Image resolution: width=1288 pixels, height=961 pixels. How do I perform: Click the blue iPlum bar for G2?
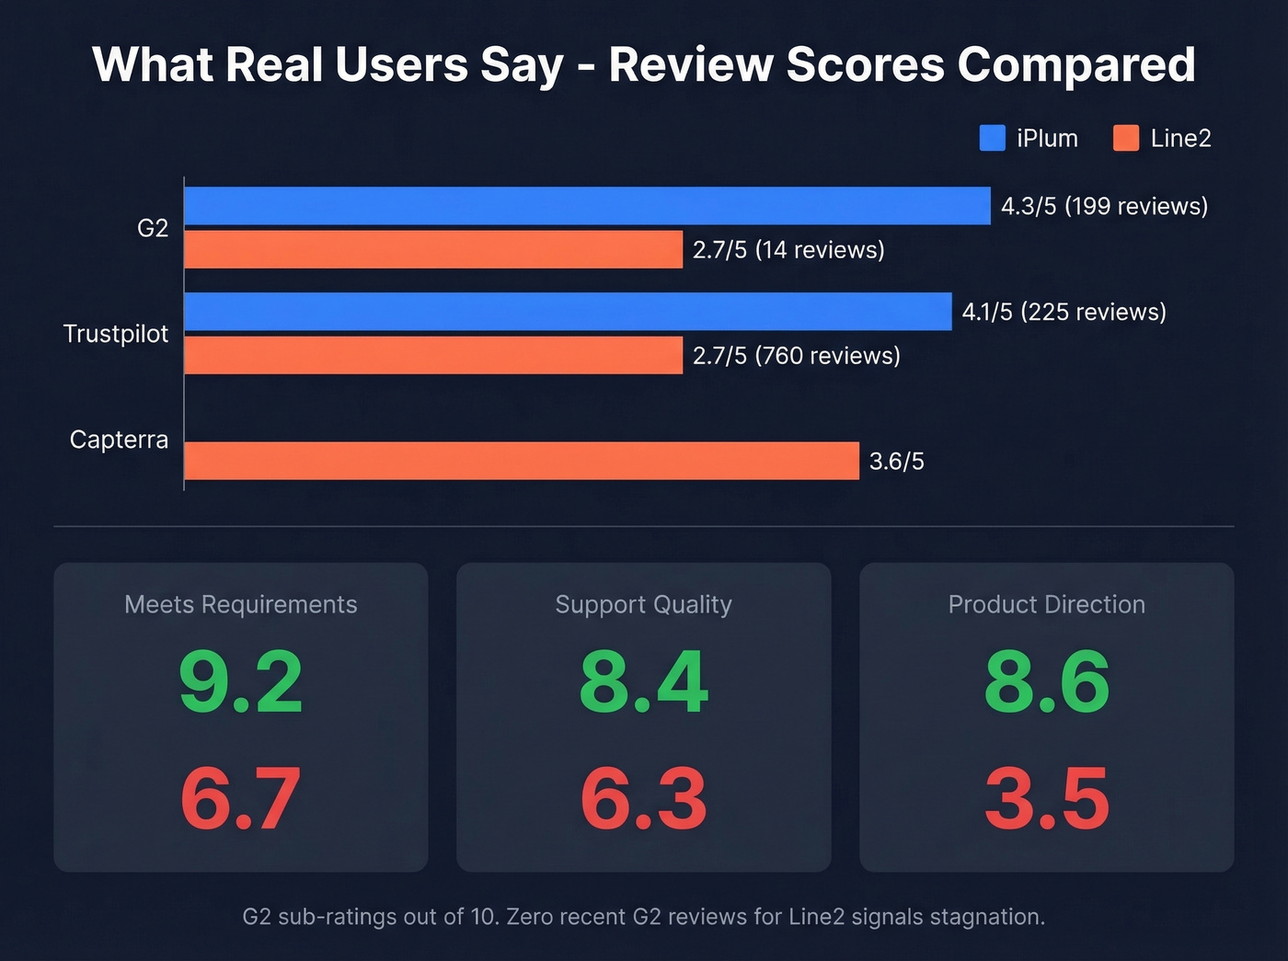[x=587, y=206]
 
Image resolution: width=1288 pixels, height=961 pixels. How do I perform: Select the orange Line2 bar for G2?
[x=433, y=249]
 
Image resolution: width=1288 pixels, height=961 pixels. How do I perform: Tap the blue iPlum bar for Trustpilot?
[x=568, y=312]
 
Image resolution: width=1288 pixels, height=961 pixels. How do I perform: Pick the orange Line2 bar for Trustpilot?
[x=433, y=355]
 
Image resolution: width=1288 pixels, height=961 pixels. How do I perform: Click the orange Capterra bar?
[x=522, y=461]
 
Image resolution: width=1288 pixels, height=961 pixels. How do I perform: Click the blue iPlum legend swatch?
[x=992, y=138]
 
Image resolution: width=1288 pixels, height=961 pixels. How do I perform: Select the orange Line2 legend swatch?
[x=1126, y=138]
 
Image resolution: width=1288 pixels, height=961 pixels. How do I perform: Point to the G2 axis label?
[x=153, y=228]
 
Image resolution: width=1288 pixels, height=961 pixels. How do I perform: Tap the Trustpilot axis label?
[x=116, y=334]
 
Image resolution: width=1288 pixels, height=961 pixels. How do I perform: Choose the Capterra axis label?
[x=120, y=440]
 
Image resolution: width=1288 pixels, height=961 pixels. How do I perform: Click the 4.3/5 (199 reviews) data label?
[x=1104, y=206]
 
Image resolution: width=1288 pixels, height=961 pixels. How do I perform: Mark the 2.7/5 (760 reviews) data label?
[x=796, y=356]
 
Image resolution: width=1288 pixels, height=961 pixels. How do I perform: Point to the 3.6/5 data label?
[x=896, y=462]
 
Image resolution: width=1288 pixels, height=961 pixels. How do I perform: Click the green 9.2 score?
[x=241, y=682]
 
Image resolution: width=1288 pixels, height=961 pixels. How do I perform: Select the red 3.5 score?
[x=1047, y=798]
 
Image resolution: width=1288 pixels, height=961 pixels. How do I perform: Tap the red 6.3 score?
[x=644, y=798]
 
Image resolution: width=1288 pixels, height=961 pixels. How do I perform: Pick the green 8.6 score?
[x=1047, y=682]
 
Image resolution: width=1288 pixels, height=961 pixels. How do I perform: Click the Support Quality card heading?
[x=644, y=604]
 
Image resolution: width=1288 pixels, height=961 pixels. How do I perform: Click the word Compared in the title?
[x=1076, y=65]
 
